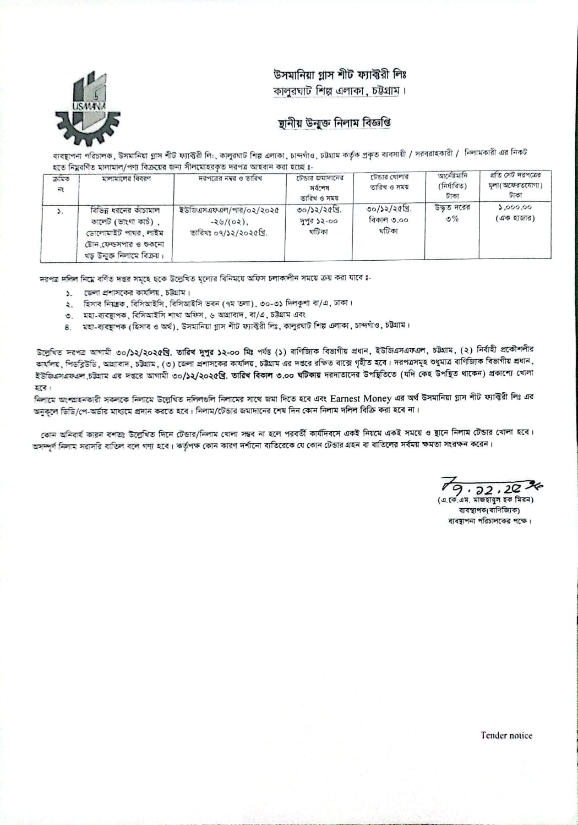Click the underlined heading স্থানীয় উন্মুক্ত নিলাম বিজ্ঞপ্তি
(335, 122)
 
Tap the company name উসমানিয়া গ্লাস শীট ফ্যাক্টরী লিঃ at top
(340, 74)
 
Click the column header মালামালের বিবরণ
(127, 179)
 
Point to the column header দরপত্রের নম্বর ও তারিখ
(230, 179)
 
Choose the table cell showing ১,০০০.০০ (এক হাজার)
(515, 213)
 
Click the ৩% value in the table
(452, 218)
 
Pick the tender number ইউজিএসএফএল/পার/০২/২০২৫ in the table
(230, 210)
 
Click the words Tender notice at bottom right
(506, 735)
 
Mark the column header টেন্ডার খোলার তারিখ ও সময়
(389, 182)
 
